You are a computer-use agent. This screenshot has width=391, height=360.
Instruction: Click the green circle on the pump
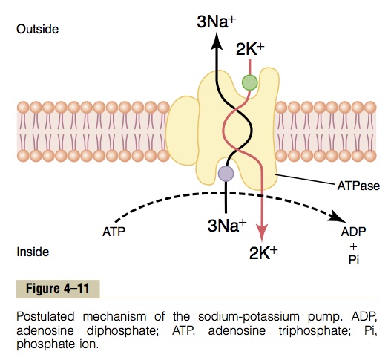pos(250,82)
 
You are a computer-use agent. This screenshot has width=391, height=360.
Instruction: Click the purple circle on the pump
pos(226,174)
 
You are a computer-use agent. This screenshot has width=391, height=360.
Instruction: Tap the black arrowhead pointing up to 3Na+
pos(216,41)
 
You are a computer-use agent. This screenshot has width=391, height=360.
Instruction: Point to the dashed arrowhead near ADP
pos(338,217)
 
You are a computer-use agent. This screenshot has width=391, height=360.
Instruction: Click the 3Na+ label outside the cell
pos(216,22)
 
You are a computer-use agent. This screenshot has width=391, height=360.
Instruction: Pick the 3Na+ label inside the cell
pos(227,226)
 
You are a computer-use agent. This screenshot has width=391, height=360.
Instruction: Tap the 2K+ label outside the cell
pos(250,50)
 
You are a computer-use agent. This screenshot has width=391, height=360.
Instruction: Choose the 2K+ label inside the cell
pos(263,253)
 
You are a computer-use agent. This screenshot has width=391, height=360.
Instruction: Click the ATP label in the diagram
pos(114,232)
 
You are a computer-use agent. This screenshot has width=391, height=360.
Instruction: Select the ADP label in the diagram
pos(353,232)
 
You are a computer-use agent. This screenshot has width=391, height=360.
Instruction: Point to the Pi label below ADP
pos(354,260)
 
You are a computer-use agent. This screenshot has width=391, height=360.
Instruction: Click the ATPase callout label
pos(358,186)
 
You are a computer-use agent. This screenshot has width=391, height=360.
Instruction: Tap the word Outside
pos(37,29)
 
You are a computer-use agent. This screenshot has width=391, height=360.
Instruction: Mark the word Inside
pos(33,252)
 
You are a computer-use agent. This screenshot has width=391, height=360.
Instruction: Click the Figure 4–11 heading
pos(58,289)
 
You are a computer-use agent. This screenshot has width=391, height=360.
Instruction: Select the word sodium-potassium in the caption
pos(249,317)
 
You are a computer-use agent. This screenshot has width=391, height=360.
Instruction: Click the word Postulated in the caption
pos(45,317)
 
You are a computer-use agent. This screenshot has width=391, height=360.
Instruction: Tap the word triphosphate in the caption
pos(313,331)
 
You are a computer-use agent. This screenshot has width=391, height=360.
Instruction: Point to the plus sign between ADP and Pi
pos(354,246)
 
